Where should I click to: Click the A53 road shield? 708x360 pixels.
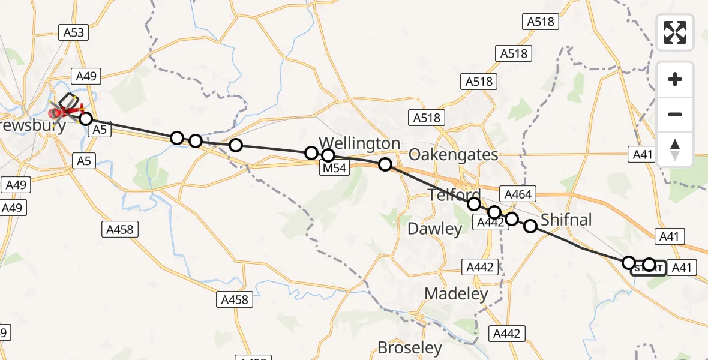tap(74, 32)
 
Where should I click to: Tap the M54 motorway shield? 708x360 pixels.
tap(334, 168)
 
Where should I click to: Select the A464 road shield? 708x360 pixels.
tap(518, 194)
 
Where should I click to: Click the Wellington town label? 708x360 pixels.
tap(359, 143)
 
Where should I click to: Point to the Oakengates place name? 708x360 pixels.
tap(453, 155)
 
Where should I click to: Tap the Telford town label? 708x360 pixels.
tap(454, 194)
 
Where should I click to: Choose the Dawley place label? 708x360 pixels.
tap(435, 229)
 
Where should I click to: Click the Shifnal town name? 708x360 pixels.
tap(566, 220)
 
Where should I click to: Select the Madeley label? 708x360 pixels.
tap(456, 293)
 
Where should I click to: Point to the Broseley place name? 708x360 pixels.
tap(409, 347)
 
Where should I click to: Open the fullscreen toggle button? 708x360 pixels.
tap(675, 32)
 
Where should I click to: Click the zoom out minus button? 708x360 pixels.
tap(675, 114)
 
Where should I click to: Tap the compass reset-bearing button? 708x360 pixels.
tap(675, 149)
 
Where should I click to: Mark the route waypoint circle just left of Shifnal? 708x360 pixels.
tap(530, 226)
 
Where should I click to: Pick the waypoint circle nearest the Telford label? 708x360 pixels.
tap(474, 204)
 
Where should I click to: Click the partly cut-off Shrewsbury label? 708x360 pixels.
tap(33, 126)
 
